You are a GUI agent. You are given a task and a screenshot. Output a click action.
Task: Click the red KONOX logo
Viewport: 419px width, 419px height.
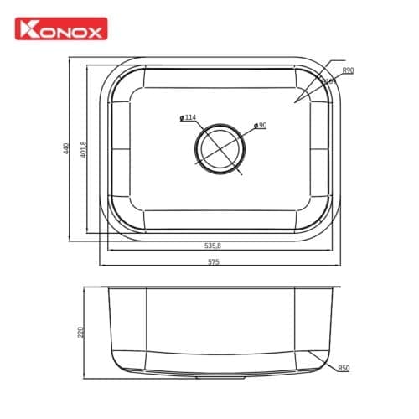(x=59, y=31)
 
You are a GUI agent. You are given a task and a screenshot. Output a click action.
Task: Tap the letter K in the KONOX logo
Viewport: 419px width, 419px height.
(x=29, y=31)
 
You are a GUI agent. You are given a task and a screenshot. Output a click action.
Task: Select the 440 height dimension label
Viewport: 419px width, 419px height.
(x=65, y=149)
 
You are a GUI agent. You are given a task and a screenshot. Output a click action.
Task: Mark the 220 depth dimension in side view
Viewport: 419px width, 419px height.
(x=80, y=333)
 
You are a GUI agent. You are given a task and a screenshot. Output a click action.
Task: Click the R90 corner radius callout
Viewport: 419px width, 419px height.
(x=347, y=70)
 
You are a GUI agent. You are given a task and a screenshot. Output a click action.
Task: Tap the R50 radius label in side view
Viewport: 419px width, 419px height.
(x=344, y=368)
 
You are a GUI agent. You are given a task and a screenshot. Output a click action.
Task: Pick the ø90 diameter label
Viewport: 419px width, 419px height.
(x=260, y=126)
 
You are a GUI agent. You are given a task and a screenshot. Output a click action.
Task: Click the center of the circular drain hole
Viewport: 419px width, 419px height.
(x=221, y=149)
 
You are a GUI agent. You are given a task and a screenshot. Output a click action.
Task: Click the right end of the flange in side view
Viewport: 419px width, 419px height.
(x=339, y=288)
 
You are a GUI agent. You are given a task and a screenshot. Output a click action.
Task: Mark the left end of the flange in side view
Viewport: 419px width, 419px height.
(x=101, y=288)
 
